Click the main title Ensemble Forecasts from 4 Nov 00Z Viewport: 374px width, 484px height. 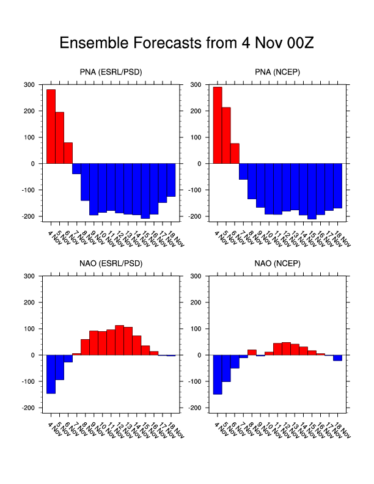(x=186, y=43)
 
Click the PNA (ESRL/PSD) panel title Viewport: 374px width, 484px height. (x=111, y=73)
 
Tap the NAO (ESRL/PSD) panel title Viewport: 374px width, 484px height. (x=111, y=265)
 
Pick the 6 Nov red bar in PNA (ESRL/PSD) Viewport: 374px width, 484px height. (x=68, y=153)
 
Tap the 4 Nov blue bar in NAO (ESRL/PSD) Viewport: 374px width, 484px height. (x=51, y=374)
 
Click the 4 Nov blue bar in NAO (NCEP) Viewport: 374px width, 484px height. (x=218, y=375)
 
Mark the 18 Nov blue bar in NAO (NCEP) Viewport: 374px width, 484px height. (x=337, y=358)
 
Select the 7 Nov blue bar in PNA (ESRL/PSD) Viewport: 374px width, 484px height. (x=76, y=169)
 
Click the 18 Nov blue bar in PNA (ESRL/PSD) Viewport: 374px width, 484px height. (x=171, y=180)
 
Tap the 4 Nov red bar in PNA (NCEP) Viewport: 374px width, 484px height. (x=218, y=125)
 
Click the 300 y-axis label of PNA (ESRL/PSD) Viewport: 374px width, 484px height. (x=29, y=84)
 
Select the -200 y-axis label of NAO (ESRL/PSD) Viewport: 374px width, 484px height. (x=28, y=408)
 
